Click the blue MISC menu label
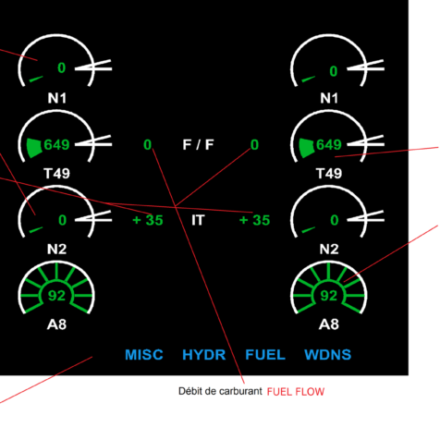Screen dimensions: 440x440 144,355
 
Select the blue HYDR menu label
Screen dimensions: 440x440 204,355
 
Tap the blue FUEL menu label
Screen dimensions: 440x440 265,355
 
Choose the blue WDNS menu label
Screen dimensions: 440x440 328,355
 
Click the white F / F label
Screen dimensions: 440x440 198,144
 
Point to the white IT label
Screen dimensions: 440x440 198,220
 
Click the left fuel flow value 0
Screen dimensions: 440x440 148,144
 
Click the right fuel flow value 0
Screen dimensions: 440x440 254,144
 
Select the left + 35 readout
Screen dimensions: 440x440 148,220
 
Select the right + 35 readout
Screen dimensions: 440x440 254,220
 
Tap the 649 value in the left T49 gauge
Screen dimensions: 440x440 56,144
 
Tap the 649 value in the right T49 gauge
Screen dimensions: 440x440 329,144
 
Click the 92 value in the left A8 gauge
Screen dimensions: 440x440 56,296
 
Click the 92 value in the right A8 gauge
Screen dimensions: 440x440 329,296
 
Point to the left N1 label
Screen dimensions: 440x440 57,98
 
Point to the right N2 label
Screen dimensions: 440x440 329,249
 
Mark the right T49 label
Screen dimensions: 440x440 329,174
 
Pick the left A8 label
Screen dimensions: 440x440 57,324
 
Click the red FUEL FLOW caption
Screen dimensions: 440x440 296,392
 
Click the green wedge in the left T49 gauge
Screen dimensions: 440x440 34,148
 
